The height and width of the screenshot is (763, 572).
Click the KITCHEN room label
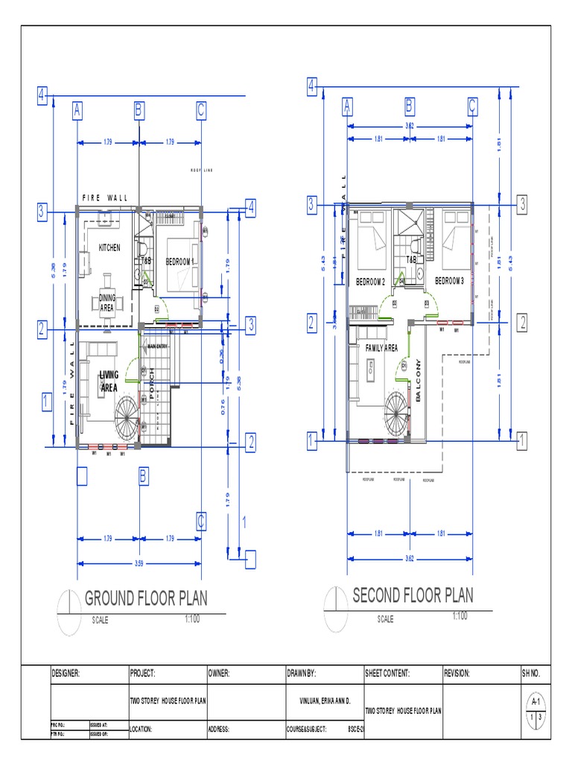(109, 247)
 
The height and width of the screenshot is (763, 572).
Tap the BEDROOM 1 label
(179, 262)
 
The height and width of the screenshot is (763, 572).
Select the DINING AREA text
(107, 303)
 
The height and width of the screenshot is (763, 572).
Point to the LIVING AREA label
(109, 381)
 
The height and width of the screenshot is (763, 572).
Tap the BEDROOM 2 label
(370, 281)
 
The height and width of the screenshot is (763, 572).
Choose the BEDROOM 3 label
(449, 281)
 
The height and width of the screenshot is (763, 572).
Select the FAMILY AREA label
(381, 348)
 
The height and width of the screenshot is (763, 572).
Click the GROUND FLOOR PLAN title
(146, 598)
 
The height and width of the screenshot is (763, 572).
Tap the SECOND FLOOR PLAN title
(413, 595)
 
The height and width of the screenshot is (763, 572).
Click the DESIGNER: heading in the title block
(66, 673)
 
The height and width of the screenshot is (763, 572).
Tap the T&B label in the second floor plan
(411, 260)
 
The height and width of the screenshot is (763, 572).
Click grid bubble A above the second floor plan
(347, 106)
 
